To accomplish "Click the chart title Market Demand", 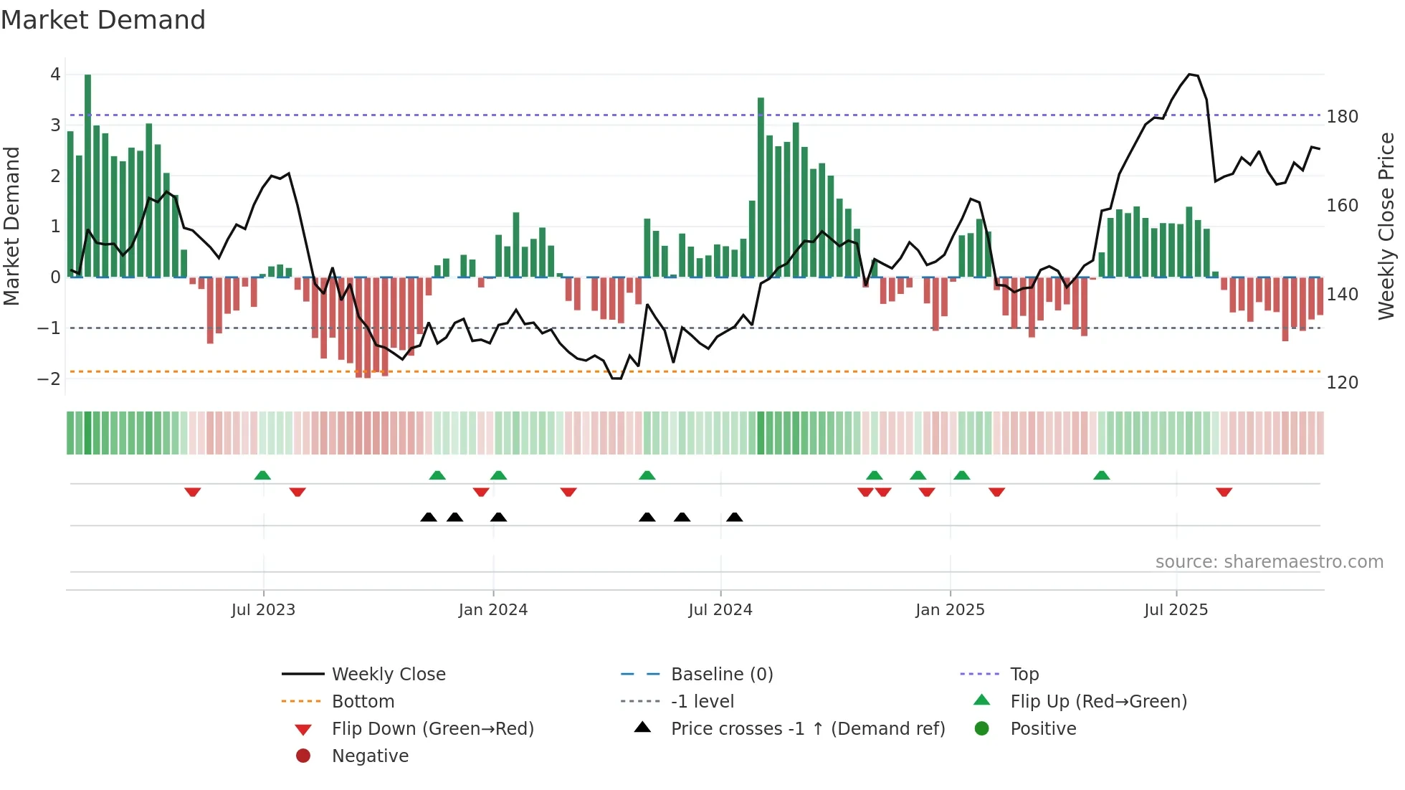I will click(x=103, y=20).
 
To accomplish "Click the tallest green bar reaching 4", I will click(x=87, y=176).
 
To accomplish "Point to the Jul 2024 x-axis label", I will click(x=720, y=610).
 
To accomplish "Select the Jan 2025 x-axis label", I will click(x=950, y=610).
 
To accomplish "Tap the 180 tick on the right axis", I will click(x=1342, y=117).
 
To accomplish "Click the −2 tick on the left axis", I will click(x=49, y=379).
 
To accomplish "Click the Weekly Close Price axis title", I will click(x=1386, y=226).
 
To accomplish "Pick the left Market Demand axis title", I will click(x=11, y=226).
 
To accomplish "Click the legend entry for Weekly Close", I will click(x=388, y=675).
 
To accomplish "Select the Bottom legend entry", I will click(x=363, y=702).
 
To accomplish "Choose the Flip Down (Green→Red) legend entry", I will click(x=432, y=729).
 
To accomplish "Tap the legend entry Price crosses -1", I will click(x=807, y=729).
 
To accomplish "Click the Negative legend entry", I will click(x=370, y=756).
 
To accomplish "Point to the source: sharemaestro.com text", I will click(x=1269, y=562).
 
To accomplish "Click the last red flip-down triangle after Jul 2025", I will click(x=1224, y=492).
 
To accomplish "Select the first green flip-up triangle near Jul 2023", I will click(x=262, y=475).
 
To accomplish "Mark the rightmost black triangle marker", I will click(x=734, y=517).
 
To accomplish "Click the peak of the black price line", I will click(x=1190, y=75).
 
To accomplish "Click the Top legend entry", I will click(x=1024, y=675).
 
